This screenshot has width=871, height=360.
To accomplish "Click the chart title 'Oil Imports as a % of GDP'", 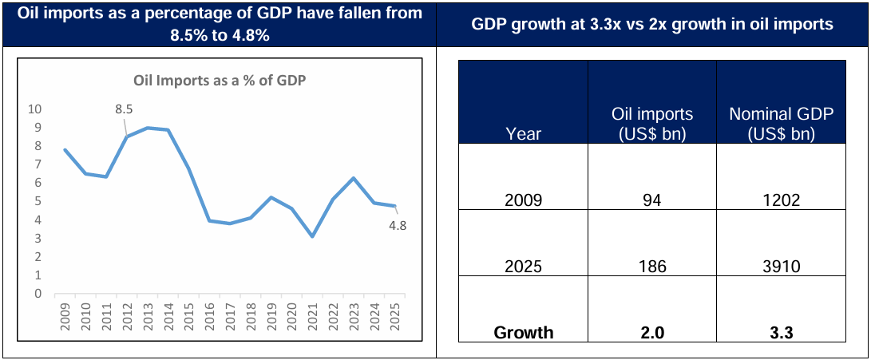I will (219, 80).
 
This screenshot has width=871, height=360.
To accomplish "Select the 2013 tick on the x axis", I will (148, 312).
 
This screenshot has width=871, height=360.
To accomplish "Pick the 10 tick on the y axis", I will (35, 109).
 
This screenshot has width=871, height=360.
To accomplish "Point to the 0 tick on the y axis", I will (38, 294).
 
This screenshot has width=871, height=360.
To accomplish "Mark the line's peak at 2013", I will (148, 128).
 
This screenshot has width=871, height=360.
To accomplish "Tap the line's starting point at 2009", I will (65, 150).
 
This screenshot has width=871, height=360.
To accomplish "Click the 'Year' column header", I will (523, 134).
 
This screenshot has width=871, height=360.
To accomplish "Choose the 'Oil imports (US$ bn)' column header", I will (651, 125).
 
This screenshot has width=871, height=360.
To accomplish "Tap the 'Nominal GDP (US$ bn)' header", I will (781, 125).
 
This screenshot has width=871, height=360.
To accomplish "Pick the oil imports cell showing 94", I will (651, 200).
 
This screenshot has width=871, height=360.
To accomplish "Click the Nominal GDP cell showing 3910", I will (781, 267).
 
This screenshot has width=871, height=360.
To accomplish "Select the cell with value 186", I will (651, 267).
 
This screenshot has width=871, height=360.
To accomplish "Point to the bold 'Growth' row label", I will (523, 333).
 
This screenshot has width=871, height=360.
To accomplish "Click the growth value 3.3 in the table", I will (781, 333).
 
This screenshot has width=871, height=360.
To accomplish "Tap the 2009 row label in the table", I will (523, 200).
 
